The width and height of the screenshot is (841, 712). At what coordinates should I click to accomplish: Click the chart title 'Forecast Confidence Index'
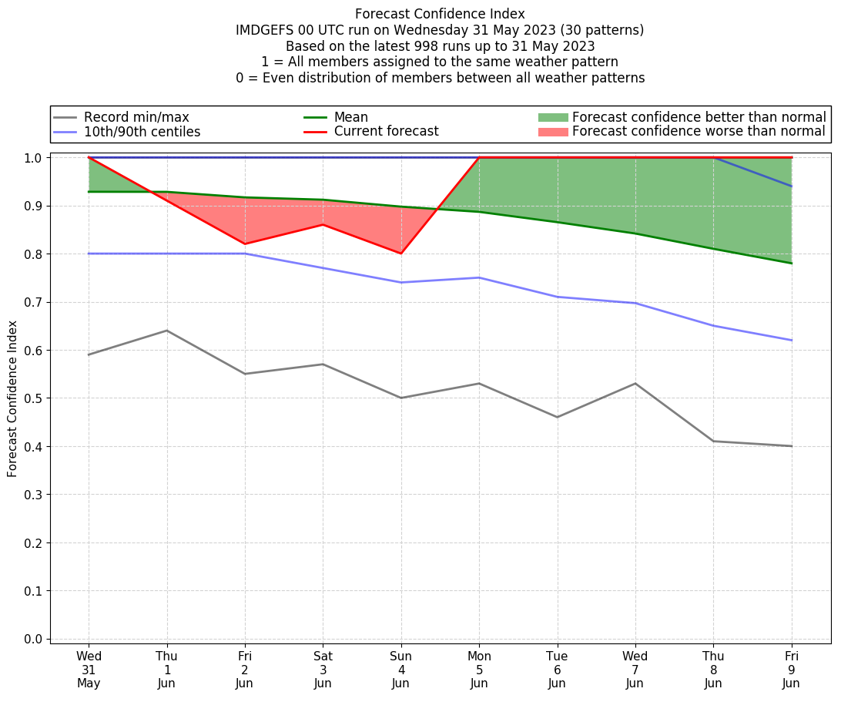click(440, 14)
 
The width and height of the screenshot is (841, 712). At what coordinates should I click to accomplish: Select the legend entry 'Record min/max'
click(136, 117)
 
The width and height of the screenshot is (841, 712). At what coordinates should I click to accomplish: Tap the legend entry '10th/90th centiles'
click(142, 132)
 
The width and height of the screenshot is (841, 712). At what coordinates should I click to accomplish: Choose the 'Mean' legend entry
click(350, 117)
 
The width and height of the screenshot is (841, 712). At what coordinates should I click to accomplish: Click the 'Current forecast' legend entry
click(386, 132)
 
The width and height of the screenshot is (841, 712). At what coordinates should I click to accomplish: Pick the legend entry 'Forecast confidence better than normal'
click(699, 117)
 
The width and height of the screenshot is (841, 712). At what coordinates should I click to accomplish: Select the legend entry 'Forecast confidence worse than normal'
click(699, 132)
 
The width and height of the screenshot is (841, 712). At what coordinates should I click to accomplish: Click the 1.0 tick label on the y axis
click(35, 158)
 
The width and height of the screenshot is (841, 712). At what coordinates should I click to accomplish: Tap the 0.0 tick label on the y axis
click(35, 640)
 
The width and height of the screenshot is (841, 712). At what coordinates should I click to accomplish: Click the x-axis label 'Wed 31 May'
click(89, 670)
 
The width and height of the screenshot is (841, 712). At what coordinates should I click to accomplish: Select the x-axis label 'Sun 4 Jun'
click(400, 670)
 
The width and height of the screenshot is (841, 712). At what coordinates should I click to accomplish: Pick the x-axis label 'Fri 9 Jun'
click(791, 670)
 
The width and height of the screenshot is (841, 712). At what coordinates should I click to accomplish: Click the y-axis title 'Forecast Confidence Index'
click(12, 398)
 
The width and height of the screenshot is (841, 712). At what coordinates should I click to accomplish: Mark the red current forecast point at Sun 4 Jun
click(400, 254)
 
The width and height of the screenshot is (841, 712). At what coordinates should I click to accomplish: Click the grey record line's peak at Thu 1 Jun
click(167, 331)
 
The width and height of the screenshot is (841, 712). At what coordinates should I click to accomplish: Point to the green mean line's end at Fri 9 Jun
click(791, 264)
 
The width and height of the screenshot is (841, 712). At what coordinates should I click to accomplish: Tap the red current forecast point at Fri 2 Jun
click(245, 244)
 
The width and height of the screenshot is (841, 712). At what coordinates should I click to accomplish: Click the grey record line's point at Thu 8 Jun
click(713, 442)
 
